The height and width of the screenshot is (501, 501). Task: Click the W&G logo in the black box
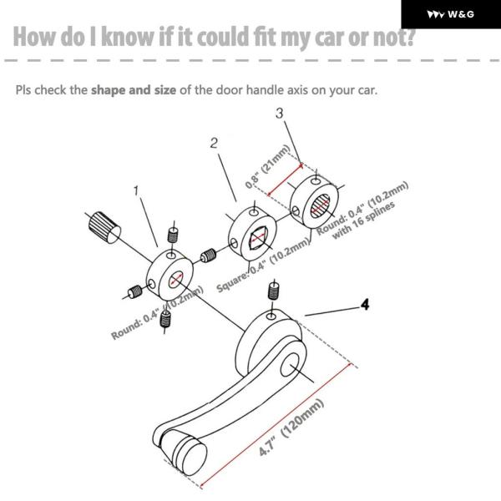[x=451, y=14]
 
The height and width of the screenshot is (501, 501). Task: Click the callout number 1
[x=136, y=190]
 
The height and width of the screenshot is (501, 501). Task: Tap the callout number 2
[x=214, y=143]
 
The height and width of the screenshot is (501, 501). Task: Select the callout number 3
[x=279, y=113]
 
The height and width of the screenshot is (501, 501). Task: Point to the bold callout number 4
[x=365, y=305]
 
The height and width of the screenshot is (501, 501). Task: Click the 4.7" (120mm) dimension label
[x=291, y=428]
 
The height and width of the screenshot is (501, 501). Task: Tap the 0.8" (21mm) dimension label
[x=267, y=166]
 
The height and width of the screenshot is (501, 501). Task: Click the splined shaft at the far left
[x=104, y=227]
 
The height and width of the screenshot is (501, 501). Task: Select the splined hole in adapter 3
[x=320, y=207]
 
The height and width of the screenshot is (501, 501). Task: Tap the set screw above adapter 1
[x=173, y=235]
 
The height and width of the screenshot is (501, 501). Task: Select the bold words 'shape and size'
[x=134, y=90]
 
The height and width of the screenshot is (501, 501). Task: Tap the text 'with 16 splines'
[x=363, y=220]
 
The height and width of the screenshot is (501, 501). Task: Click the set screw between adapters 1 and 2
[x=208, y=256]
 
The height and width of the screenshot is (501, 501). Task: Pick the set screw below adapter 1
[x=165, y=319]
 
